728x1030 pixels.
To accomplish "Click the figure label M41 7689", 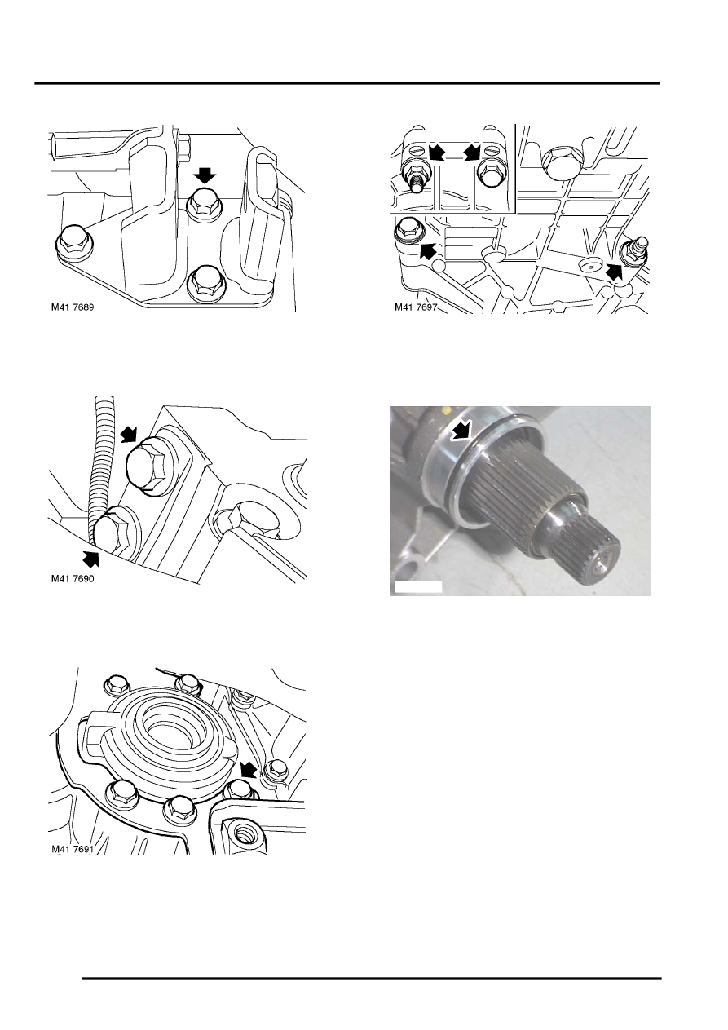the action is pos(73,307).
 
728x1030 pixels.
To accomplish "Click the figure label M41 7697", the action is pos(416,307).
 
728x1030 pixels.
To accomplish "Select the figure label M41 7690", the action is pos(73,578).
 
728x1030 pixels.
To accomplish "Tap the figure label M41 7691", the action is pos(73,849).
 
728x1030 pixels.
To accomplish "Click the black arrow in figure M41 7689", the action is pos(205,175).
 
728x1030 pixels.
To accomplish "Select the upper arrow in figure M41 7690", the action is pos(129,433).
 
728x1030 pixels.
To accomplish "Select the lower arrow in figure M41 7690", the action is pos(90,558).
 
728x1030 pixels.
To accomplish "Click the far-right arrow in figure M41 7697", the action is pos(614,271).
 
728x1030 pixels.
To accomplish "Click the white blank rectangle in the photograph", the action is pos(418,587).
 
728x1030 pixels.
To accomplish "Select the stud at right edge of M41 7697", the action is pos(635,250).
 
